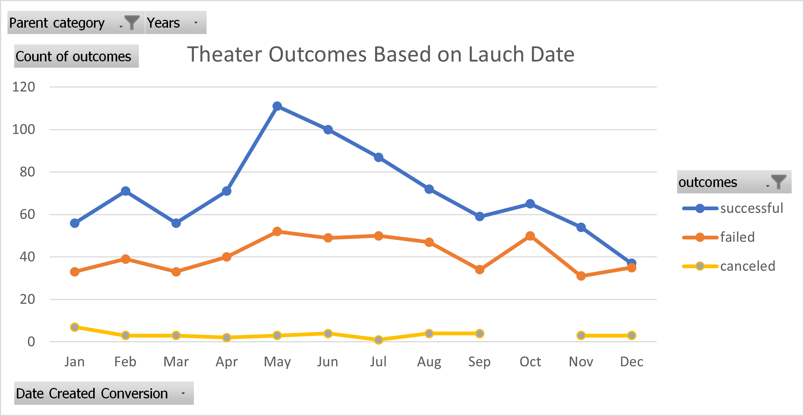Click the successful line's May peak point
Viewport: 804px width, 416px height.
(x=277, y=106)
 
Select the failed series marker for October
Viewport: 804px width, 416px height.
(x=530, y=236)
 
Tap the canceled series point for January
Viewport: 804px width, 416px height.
(x=74, y=327)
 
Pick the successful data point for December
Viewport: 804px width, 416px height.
(x=631, y=263)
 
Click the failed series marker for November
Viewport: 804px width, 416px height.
(x=581, y=276)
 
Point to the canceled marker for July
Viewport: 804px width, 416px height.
(x=378, y=340)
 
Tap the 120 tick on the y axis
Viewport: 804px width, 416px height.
(x=24, y=87)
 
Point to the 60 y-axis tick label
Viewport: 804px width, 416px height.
(x=27, y=215)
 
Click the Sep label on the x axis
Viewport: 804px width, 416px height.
(x=479, y=362)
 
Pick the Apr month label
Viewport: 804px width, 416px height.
(x=226, y=362)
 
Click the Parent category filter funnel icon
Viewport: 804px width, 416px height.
(x=132, y=22)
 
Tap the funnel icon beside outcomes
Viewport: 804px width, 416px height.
(x=779, y=182)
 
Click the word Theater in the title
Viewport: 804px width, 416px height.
(x=225, y=55)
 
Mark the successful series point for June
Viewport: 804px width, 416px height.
(x=328, y=130)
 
